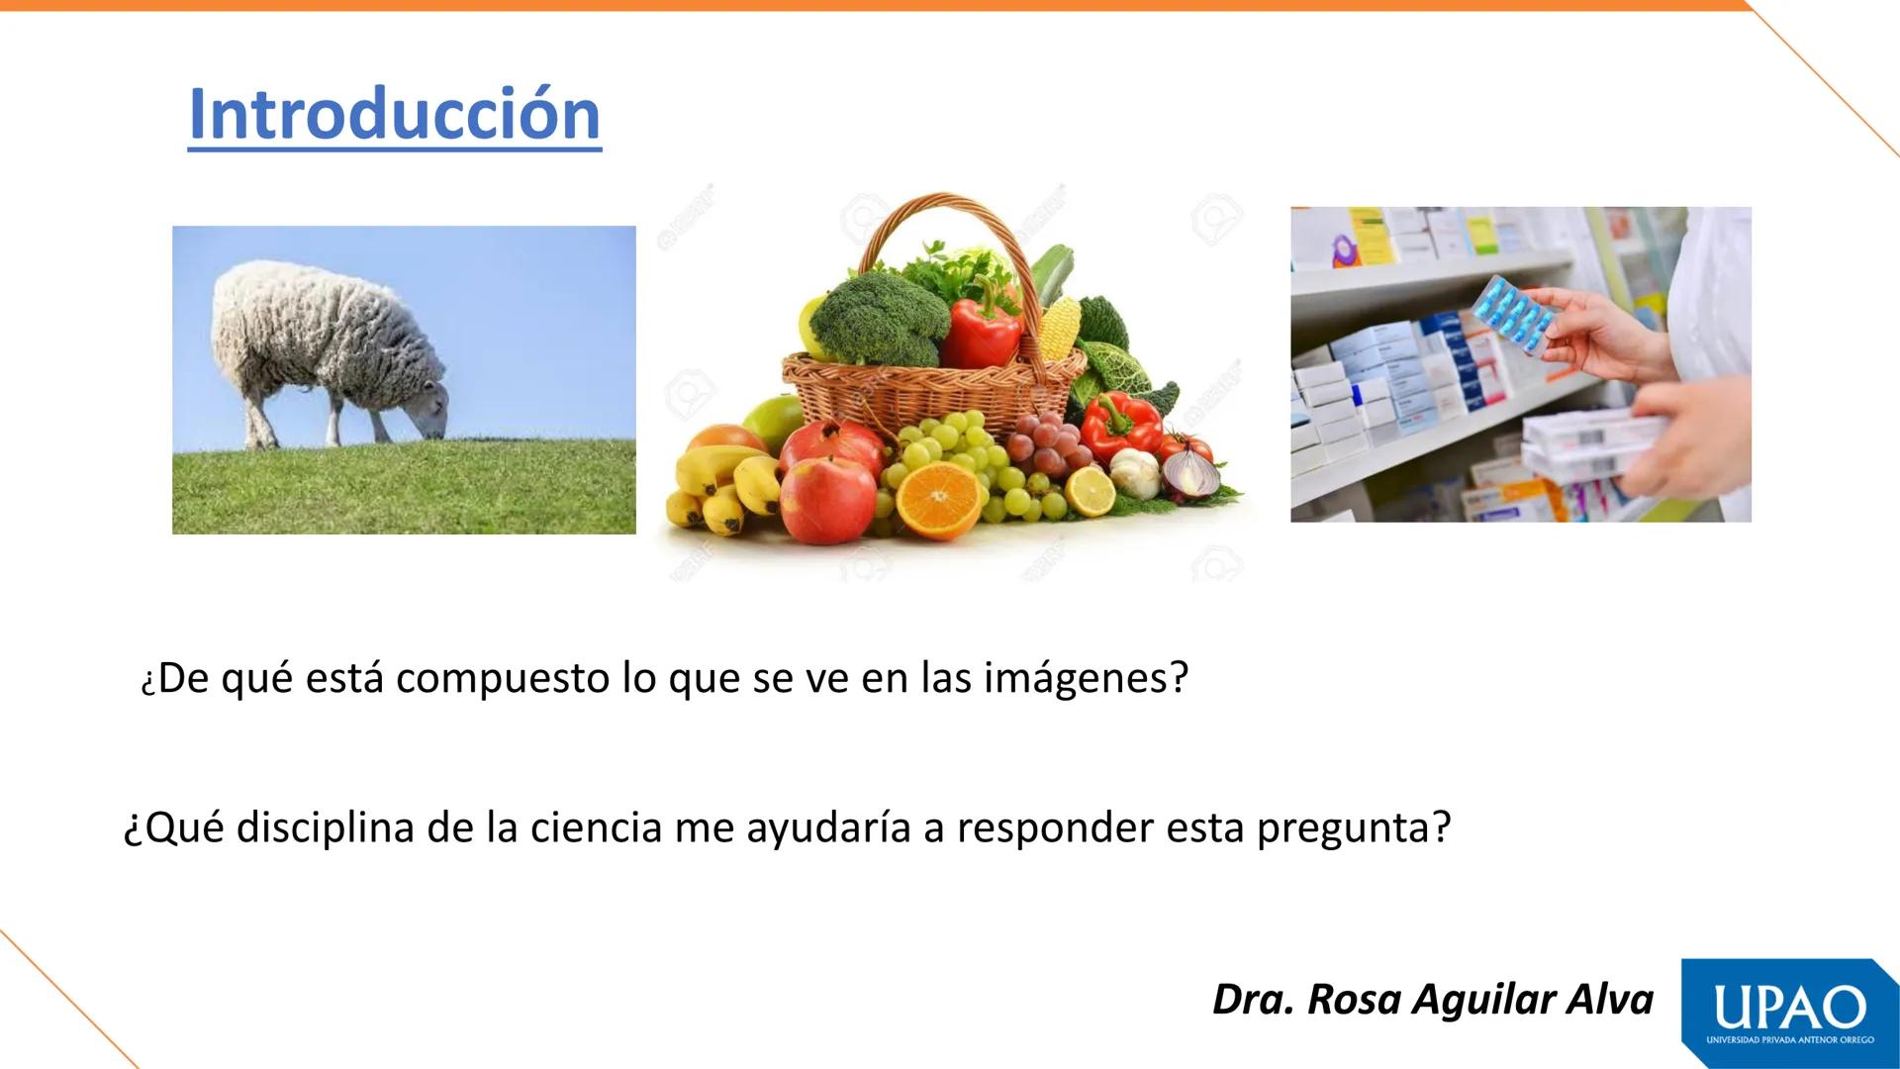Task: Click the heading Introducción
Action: pyautogui.click(x=394, y=115)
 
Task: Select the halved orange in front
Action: pyautogui.click(x=939, y=497)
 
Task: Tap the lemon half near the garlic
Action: pyautogui.click(x=1091, y=491)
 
